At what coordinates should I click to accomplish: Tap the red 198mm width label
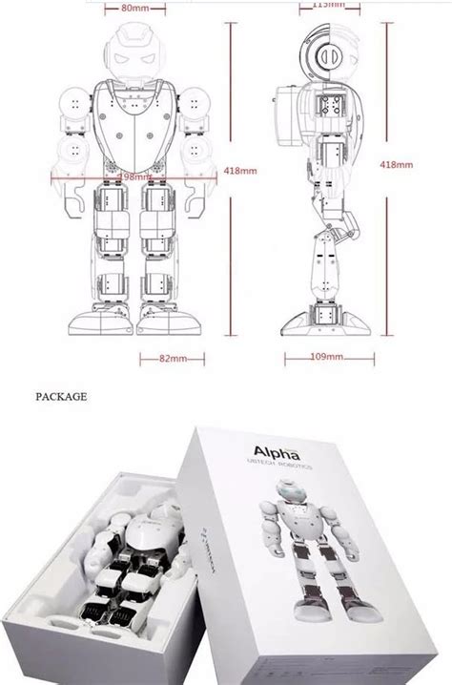click(x=135, y=176)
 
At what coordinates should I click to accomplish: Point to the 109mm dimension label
click(x=326, y=357)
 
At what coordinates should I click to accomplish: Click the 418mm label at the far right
click(x=396, y=164)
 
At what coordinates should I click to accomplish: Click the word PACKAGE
click(x=61, y=394)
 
